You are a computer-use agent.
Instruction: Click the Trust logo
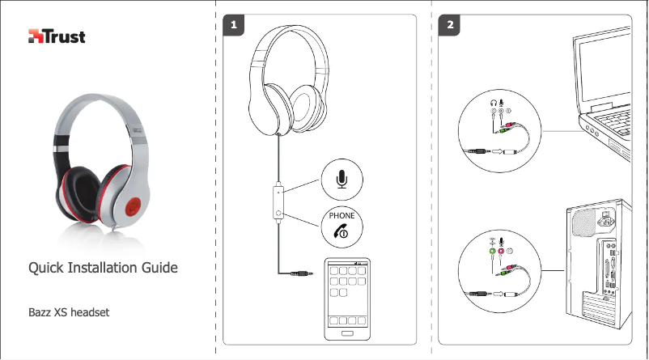tap(57, 36)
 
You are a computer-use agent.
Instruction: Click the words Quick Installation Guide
tap(104, 267)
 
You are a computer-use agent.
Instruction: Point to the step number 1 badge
tap(235, 26)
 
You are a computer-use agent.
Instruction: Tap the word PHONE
tap(341, 216)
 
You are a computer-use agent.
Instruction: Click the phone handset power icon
tap(341, 231)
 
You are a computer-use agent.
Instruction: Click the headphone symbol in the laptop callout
tap(492, 103)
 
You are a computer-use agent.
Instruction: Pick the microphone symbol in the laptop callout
tap(503, 103)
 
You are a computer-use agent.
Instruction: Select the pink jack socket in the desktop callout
tap(502, 252)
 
